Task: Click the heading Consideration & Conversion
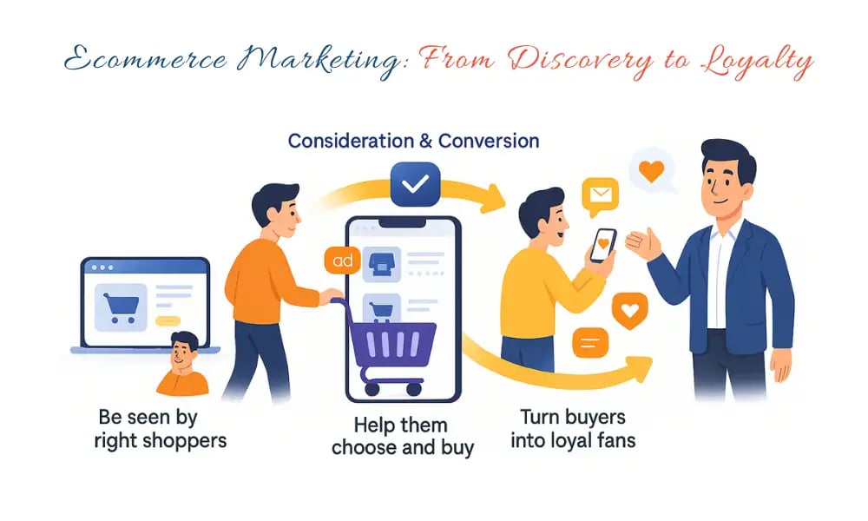pyautogui.click(x=413, y=141)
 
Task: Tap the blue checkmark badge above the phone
pyautogui.click(x=415, y=184)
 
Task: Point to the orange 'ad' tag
pyautogui.click(x=337, y=260)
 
